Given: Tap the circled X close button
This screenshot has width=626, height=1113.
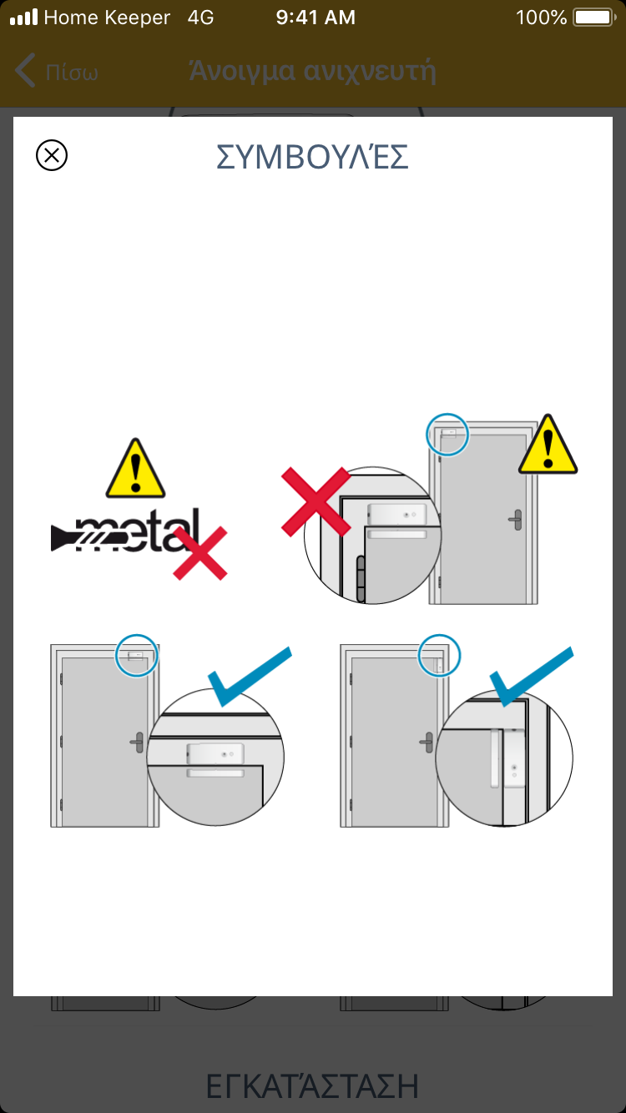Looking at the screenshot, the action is (x=52, y=155).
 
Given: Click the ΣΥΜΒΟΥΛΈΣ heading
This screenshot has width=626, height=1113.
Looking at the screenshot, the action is (x=312, y=157).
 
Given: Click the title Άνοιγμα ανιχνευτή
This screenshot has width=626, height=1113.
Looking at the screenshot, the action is (x=313, y=71).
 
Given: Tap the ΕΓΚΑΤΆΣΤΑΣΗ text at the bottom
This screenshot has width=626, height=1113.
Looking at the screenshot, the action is (x=312, y=1086).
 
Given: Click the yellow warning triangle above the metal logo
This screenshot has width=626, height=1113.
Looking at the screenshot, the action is (x=135, y=470).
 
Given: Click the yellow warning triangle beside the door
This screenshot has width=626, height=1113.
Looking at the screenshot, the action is (x=548, y=446).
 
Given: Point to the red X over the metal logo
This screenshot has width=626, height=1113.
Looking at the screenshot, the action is (x=199, y=553).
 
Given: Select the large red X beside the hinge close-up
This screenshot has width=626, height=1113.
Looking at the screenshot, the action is (x=316, y=501).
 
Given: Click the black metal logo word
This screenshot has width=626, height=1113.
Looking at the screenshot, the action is (x=125, y=530).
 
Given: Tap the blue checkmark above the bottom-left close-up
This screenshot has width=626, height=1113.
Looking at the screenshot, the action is (x=250, y=677).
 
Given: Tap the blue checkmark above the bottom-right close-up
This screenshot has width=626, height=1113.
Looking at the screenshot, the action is (x=532, y=677).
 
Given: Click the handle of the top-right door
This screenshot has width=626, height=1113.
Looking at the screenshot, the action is (x=516, y=520).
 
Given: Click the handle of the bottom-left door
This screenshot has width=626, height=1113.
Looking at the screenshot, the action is (x=137, y=743).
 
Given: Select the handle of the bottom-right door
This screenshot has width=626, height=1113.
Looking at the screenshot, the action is (x=427, y=743).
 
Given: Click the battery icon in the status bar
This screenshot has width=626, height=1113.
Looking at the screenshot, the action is (x=594, y=18).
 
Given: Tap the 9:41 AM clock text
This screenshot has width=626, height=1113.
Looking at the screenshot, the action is (x=316, y=18).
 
